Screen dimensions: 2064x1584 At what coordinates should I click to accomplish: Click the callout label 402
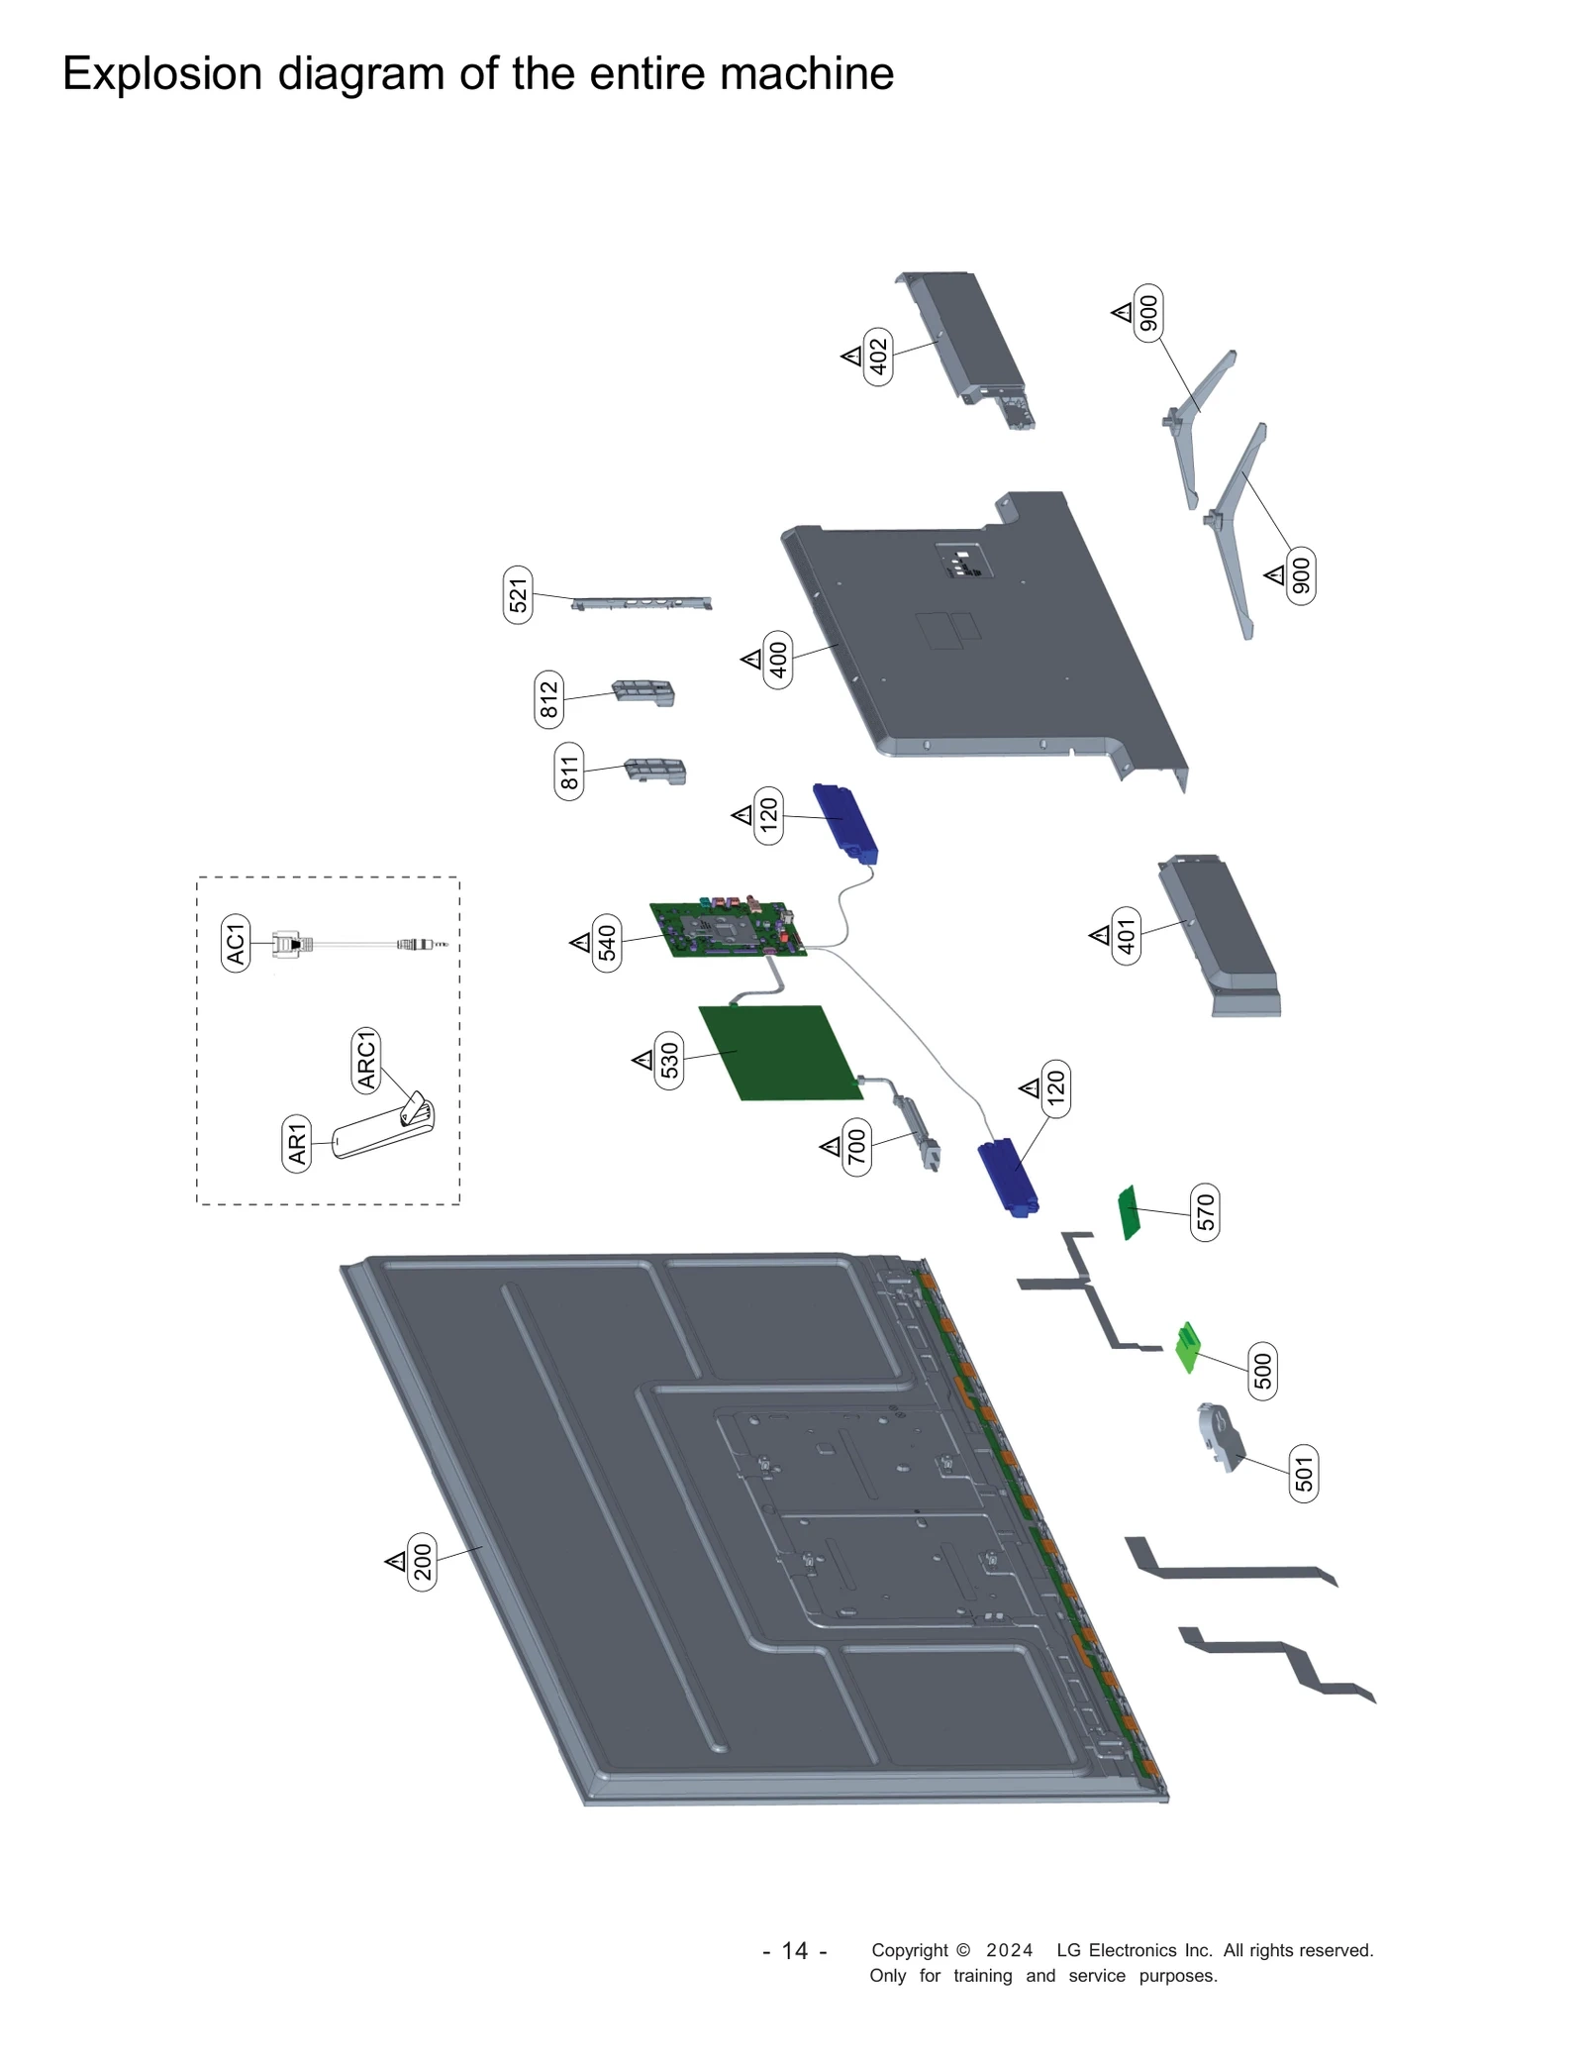[877, 357]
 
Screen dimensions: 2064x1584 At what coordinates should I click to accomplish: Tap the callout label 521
[518, 594]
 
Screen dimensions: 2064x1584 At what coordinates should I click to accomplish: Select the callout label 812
[548, 699]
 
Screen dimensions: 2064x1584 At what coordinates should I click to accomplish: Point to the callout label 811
[569, 772]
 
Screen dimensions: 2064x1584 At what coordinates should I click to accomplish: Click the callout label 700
[856, 1147]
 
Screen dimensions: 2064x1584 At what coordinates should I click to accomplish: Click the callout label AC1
[236, 943]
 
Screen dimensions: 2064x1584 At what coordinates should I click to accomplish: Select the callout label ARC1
[366, 1060]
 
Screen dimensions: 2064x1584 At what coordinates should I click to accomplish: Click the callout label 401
[1127, 934]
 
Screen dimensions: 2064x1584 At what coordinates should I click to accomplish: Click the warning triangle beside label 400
[751, 659]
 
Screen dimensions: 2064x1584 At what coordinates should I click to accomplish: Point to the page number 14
[795, 1950]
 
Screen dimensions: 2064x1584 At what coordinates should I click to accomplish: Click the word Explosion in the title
[161, 74]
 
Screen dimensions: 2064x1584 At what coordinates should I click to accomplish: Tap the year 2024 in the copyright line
[1009, 1950]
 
